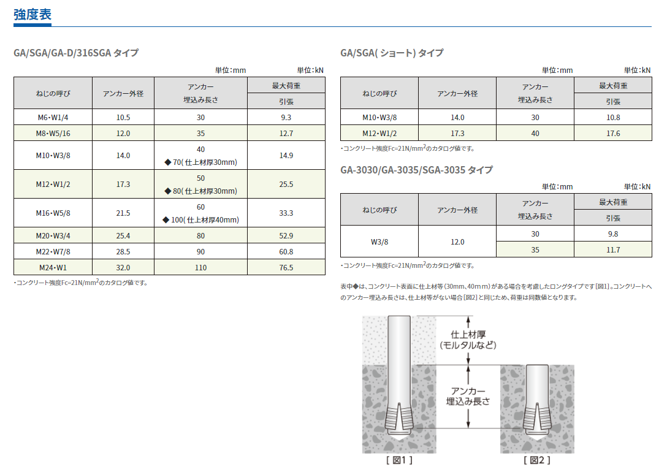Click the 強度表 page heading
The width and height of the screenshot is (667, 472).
click(x=32, y=15)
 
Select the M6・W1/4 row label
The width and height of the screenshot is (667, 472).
click(x=53, y=117)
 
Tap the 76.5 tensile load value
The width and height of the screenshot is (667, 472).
click(x=286, y=267)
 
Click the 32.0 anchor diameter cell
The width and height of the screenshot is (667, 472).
click(x=123, y=267)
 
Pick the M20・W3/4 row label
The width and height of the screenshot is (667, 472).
click(x=53, y=235)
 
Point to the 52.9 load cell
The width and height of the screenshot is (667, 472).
click(x=286, y=235)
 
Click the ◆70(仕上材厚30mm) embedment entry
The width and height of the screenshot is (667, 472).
click(x=200, y=162)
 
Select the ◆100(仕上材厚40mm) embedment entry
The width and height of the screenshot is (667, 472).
click(x=200, y=220)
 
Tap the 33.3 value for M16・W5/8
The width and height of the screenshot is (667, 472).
click(x=286, y=213)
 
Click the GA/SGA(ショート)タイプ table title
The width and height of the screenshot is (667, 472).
click(x=391, y=53)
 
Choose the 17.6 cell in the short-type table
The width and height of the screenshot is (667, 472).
click(x=613, y=133)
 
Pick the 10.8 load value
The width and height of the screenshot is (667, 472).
click(x=613, y=117)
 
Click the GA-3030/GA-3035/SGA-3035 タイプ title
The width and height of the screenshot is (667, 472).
click(x=416, y=170)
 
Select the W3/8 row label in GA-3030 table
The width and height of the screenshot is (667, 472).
click(x=379, y=242)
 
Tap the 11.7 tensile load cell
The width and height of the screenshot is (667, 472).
click(x=613, y=249)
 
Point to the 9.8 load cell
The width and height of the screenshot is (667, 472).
click(x=613, y=234)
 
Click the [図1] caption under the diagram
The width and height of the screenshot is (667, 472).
click(x=398, y=460)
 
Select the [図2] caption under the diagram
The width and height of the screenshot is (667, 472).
click(x=536, y=460)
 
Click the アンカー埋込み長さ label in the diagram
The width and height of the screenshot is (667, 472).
click(x=468, y=396)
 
